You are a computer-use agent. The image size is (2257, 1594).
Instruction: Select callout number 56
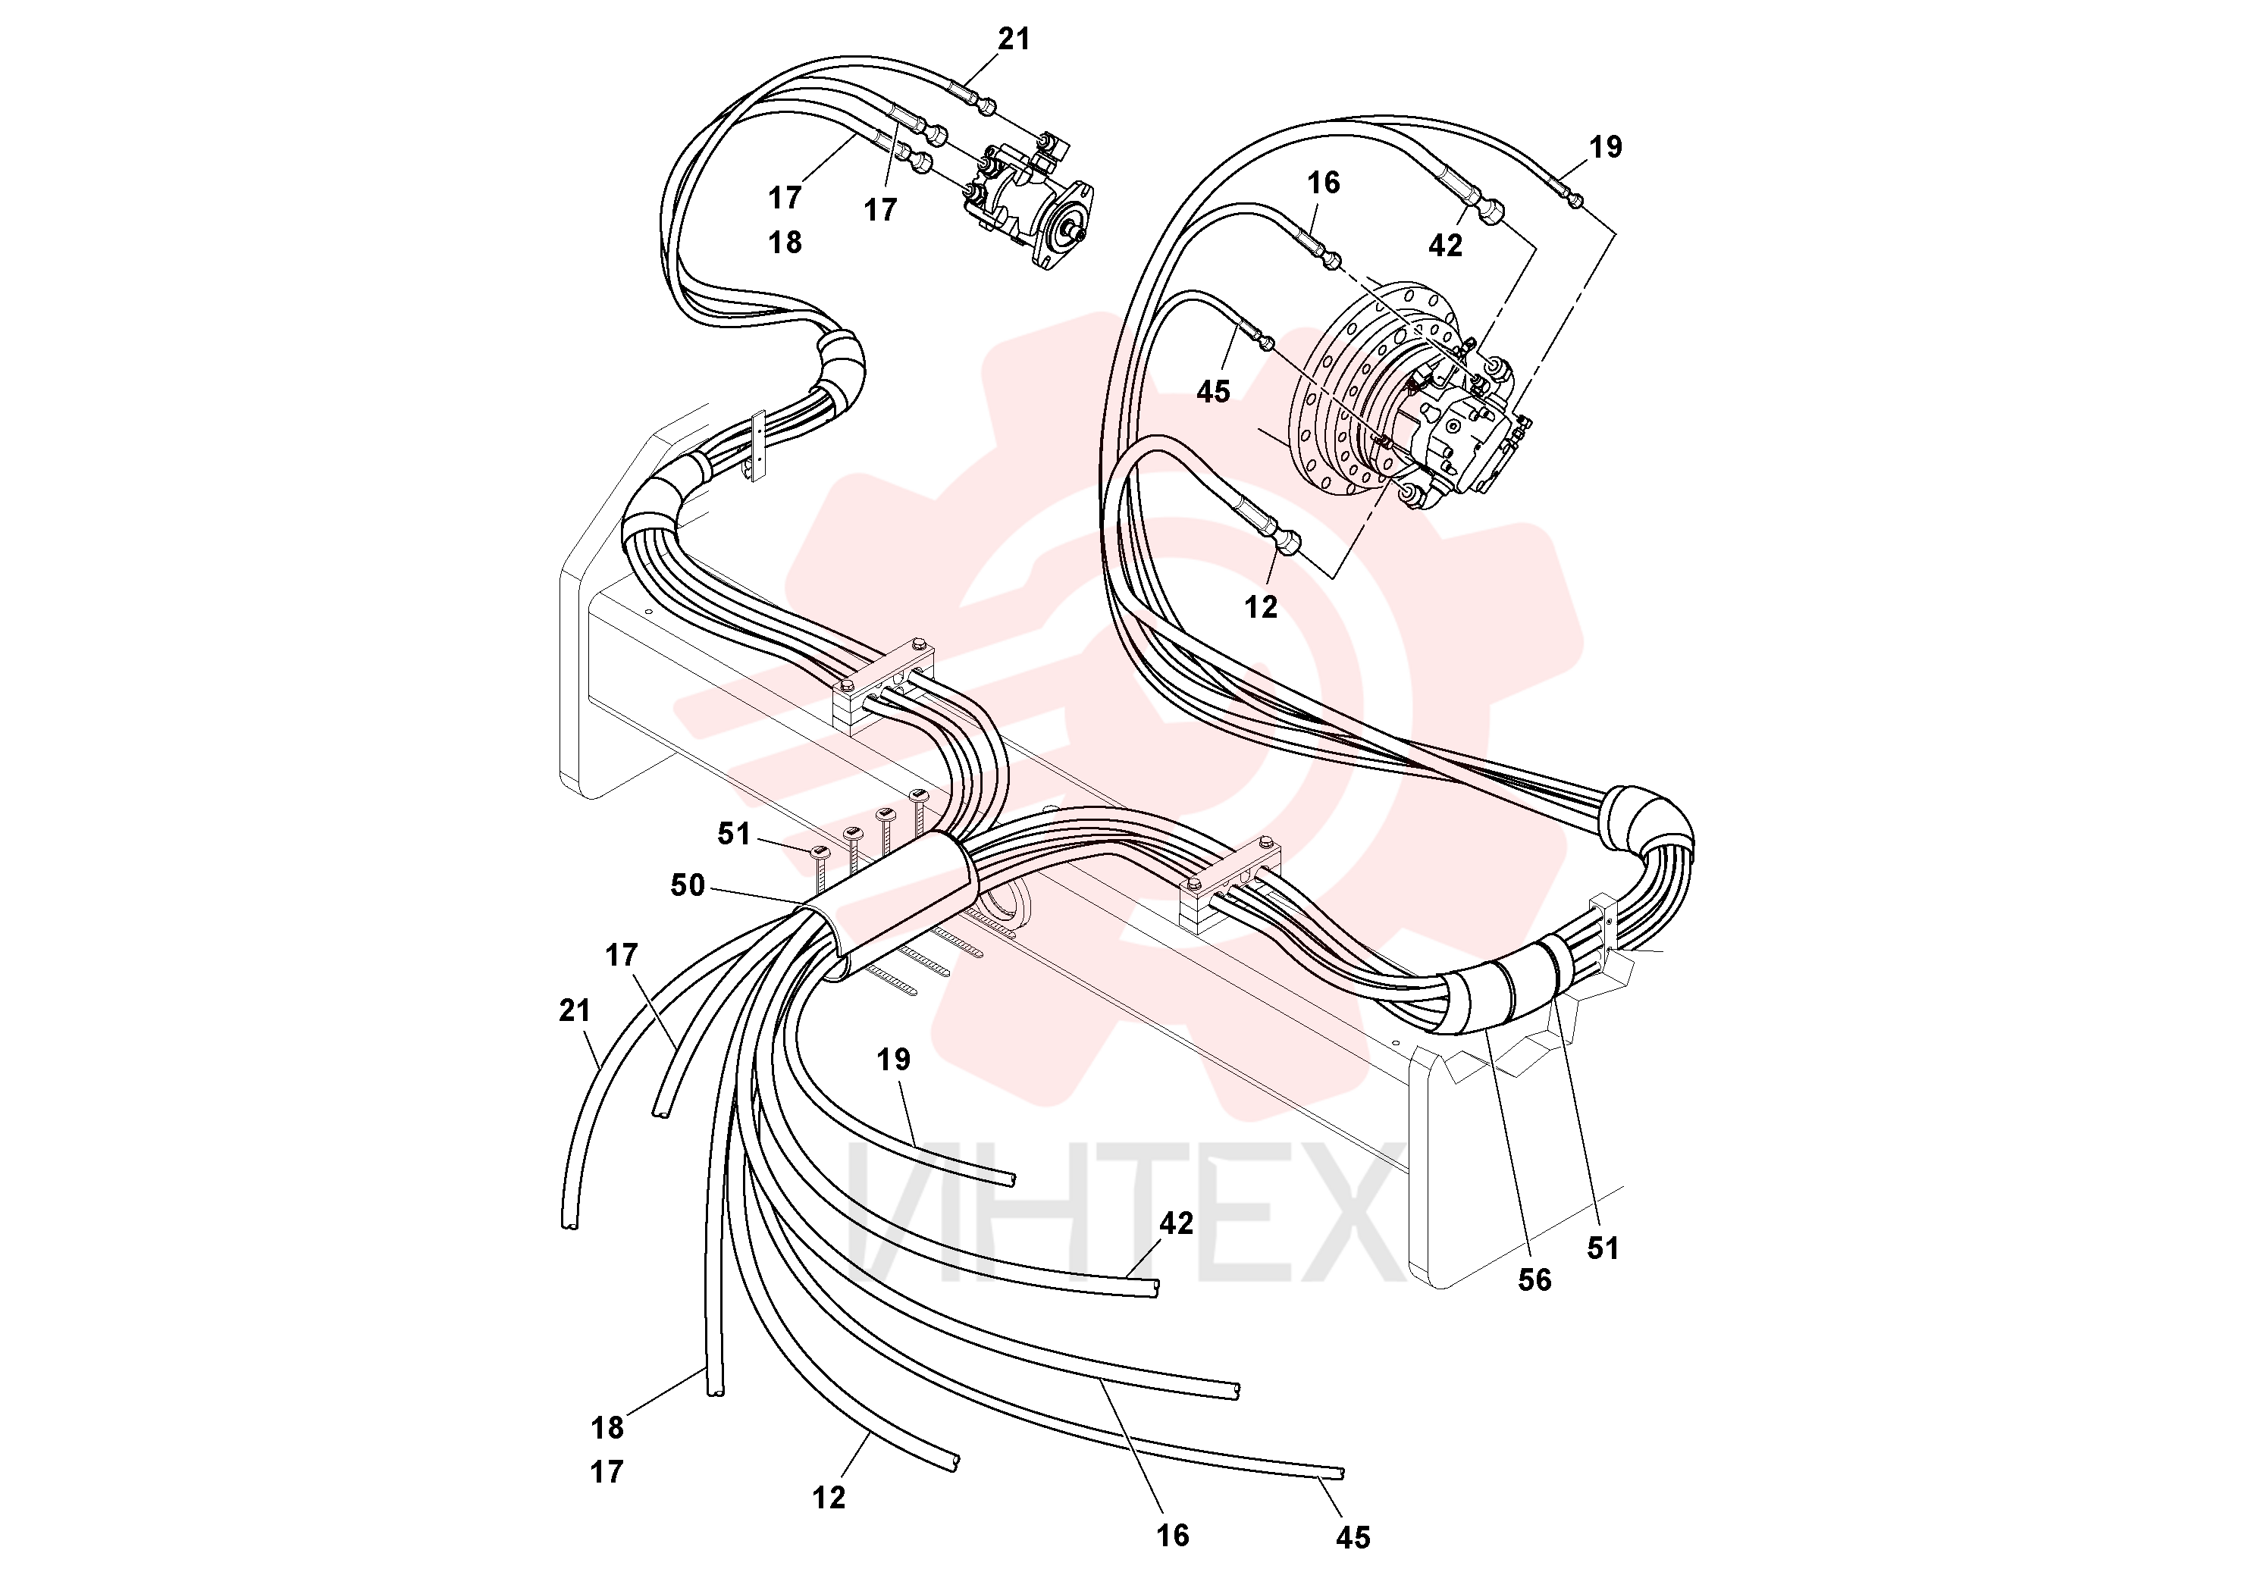[1534, 1279]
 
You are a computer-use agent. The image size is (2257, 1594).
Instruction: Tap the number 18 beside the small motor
[785, 242]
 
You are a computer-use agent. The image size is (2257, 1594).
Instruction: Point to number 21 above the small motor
[1014, 39]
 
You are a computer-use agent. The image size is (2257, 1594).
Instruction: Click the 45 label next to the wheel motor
[1213, 392]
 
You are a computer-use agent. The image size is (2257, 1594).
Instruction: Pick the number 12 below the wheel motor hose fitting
[1262, 607]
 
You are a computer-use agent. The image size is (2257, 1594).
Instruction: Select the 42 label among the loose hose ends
[1177, 1223]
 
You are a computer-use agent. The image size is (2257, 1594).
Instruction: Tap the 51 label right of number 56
[1603, 1248]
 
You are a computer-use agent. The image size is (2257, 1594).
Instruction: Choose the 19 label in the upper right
[1605, 147]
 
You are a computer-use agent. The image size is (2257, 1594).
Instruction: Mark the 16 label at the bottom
[1173, 1535]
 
